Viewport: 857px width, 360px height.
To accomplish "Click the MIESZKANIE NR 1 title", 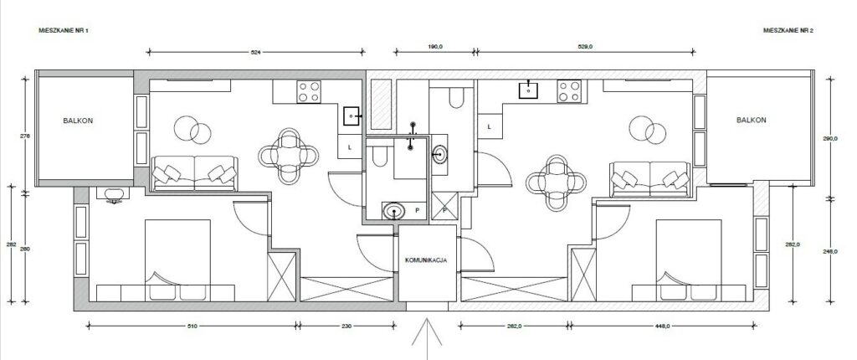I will coord(64,29).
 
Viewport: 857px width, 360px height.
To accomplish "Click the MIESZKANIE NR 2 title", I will coord(788,29).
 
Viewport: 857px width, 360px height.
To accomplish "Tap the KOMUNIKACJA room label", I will coord(425,260).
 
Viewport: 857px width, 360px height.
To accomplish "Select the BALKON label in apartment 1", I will coord(77,121).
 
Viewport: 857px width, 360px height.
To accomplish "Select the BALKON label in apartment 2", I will coord(751,121).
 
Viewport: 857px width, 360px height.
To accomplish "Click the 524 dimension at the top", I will coord(257,52).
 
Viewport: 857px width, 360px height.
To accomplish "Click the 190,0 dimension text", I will coord(434,48).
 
